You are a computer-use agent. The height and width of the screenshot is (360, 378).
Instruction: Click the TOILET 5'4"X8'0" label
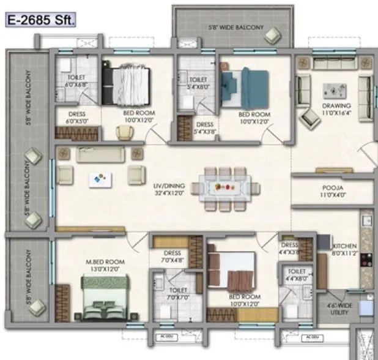198,83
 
